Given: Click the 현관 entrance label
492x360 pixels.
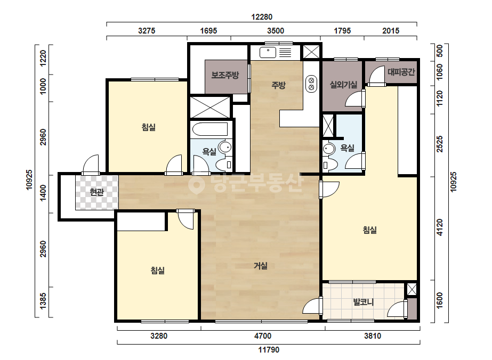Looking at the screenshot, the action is (96, 192).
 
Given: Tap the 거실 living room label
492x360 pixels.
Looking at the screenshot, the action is (261, 266).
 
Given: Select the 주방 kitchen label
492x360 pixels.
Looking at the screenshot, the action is (278, 85).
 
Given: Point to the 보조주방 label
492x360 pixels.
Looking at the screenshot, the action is (225, 75).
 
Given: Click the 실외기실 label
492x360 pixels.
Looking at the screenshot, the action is (343, 85).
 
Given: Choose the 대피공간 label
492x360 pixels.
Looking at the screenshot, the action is (401, 72).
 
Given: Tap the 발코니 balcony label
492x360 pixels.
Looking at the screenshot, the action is (364, 302).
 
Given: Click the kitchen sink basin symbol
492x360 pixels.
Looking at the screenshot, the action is (268, 52).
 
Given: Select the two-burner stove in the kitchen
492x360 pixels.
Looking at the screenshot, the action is (311, 84).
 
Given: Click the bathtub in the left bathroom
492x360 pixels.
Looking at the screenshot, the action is (209, 130).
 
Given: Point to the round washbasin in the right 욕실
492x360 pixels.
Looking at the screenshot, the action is (329, 149).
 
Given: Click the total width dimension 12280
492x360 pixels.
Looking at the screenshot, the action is (262, 17).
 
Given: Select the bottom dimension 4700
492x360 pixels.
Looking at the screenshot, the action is (263, 336).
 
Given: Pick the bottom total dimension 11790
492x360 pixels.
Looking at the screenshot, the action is (269, 349).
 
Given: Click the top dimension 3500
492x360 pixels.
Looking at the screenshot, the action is (276, 31).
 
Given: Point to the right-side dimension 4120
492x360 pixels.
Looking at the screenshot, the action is (440, 227).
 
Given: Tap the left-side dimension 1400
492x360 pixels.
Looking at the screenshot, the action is (43, 193).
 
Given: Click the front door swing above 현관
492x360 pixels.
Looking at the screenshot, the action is (91, 165).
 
